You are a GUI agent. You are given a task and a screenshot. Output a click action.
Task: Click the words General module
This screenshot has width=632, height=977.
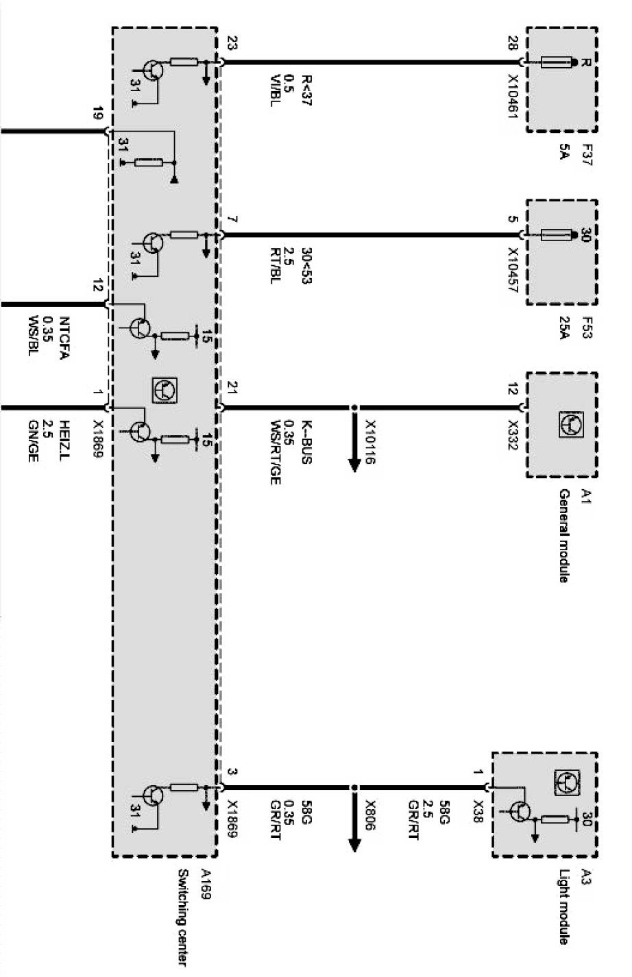pyautogui.click(x=563, y=536)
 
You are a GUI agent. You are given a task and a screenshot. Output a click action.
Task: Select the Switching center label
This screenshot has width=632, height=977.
pyautogui.click(x=182, y=917)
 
